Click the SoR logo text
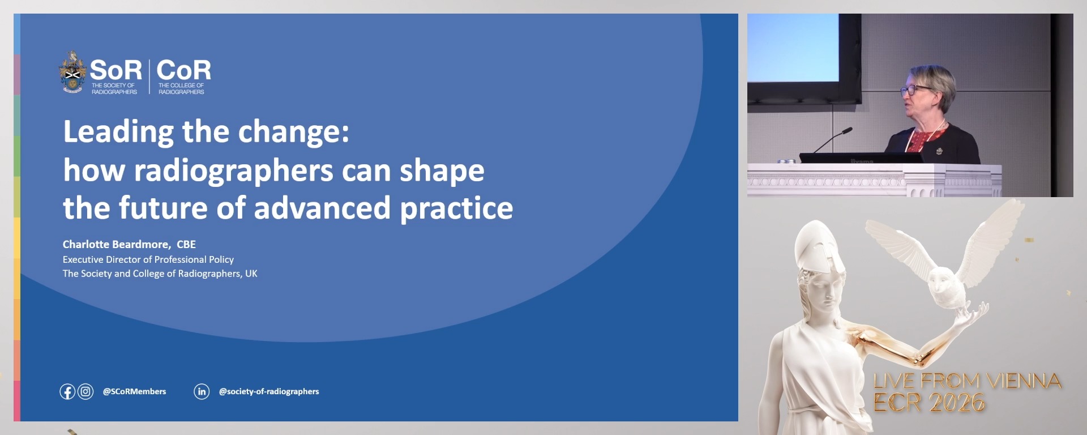pyautogui.click(x=115, y=71)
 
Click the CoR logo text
pyautogui.click(x=183, y=71)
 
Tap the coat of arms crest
pyautogui.click(x=72, y=72)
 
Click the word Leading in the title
pyautogui.click(x=118, y=132)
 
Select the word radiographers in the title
pyautogui.click(x=233, y=170)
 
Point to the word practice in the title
pyautogui.click(x=456, y=208)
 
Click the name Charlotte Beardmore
pyautogui.click(x=116, y=244)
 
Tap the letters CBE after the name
pyautogui.click(x=186, y=244)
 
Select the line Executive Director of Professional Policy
pyautogui.click(x=148, y=259)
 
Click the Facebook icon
pyautogui.click(x=67, y=391)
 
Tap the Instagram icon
pyautogui.click(x=85, y=391)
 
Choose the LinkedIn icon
pyautogui.click(x=202, y=391)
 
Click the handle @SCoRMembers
pyautogui.click(x=134, y=391)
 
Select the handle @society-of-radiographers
pyautogui.click(x=269, y=391)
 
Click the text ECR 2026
pyautogui.click(x=928, y=403)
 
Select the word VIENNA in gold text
pyautogui.click(x=1024, y=381)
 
